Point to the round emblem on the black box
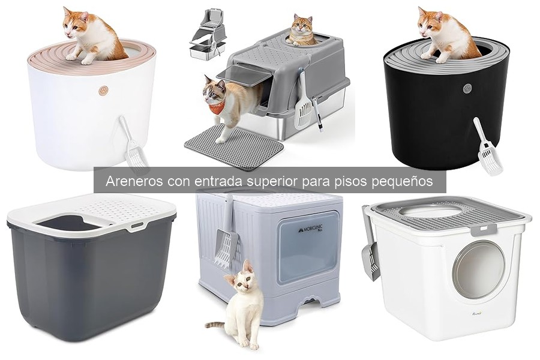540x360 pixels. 467,88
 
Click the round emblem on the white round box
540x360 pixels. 103,91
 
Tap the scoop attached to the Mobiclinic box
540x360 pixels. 225,234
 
